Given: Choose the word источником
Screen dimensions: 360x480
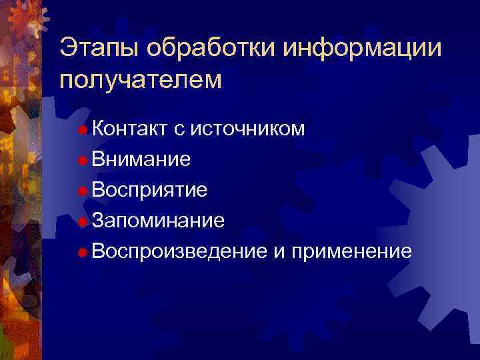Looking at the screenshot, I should click(248, 129).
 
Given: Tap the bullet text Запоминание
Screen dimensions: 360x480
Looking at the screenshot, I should click(159, 221).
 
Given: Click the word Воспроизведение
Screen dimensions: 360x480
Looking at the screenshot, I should click(179, 251).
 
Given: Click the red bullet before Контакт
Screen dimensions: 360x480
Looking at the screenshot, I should click(83, 129).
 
